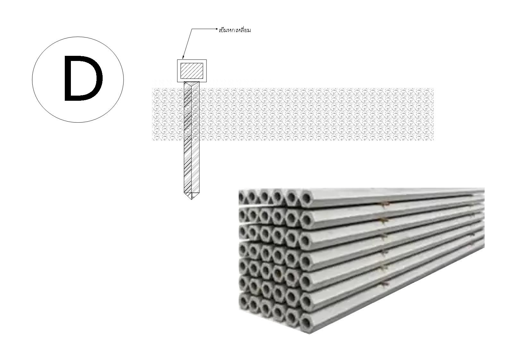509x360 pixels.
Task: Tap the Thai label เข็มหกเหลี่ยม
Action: [x=235, y=30]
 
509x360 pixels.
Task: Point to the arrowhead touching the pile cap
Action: [x=183, y=57]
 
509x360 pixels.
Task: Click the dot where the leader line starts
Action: [x=217, y=29]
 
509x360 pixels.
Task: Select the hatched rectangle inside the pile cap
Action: [x=192, y=71]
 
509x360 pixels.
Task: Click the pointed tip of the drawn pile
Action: [x=191, y=199]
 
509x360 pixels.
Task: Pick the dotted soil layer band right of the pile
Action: [x=317, y=114]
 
